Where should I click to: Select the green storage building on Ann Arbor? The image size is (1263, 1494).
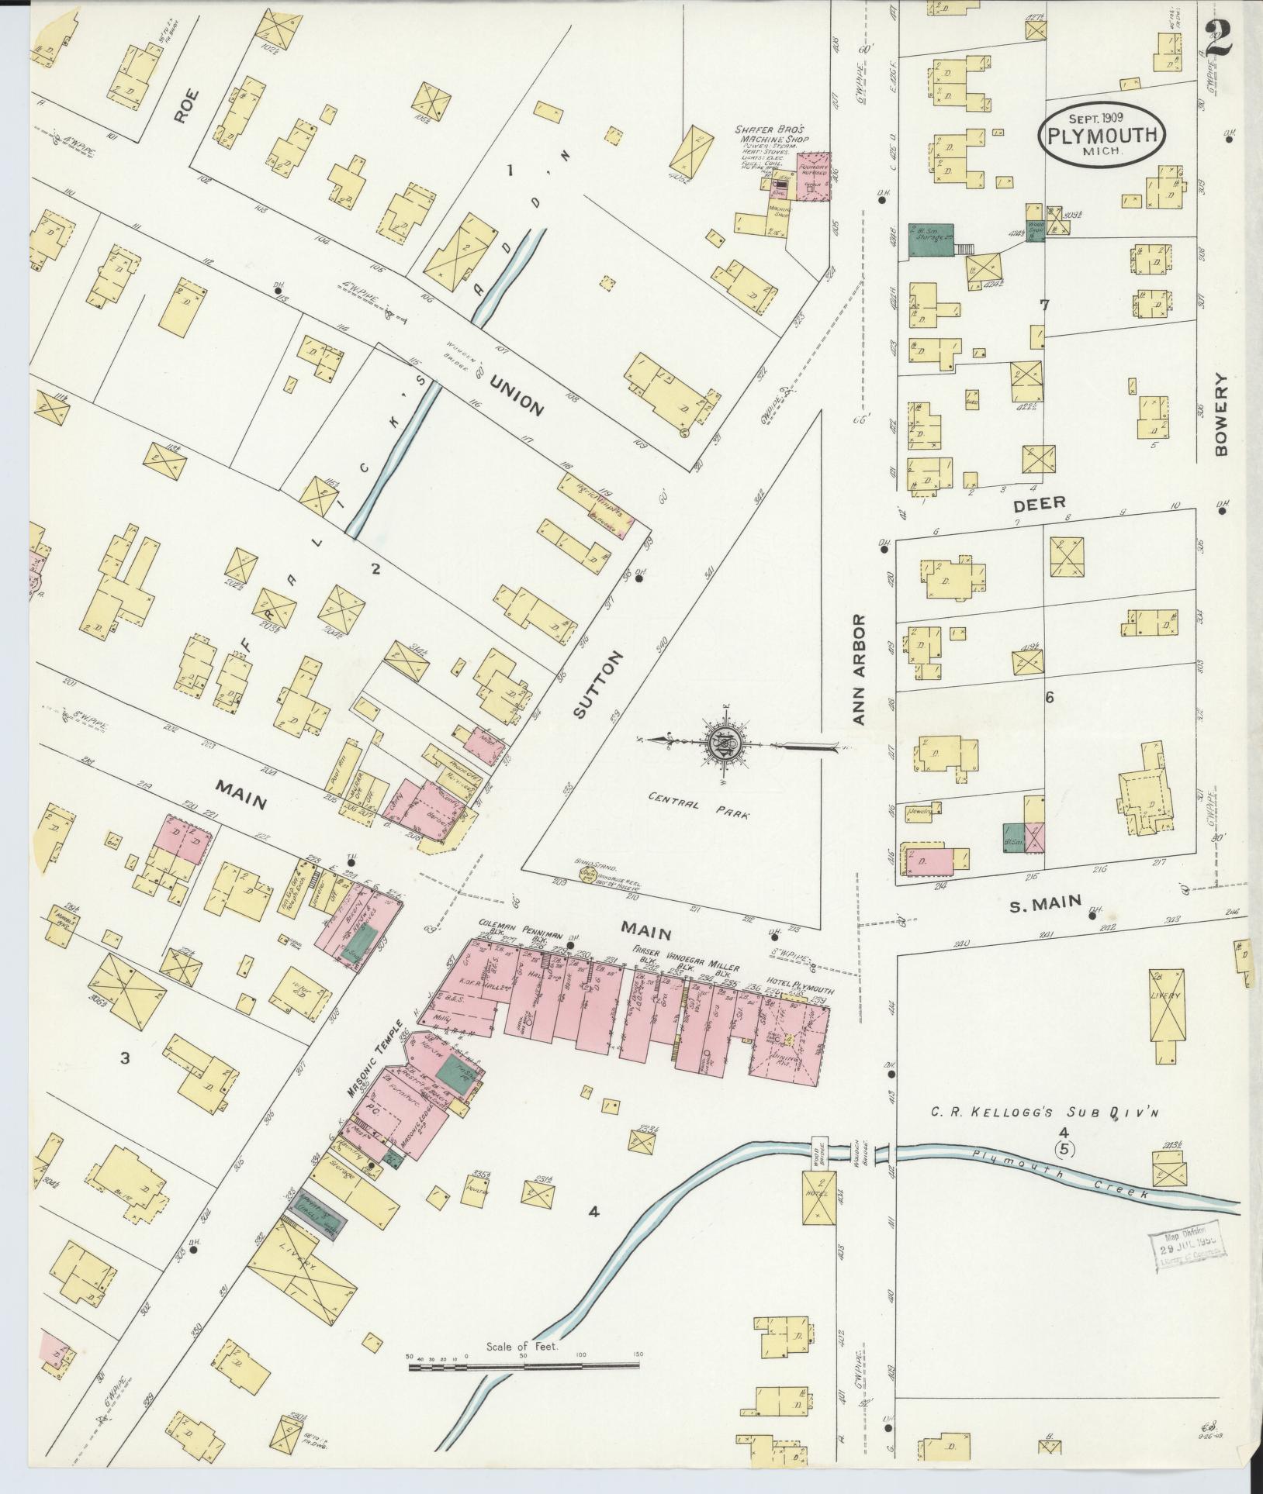(x=930, y=242)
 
